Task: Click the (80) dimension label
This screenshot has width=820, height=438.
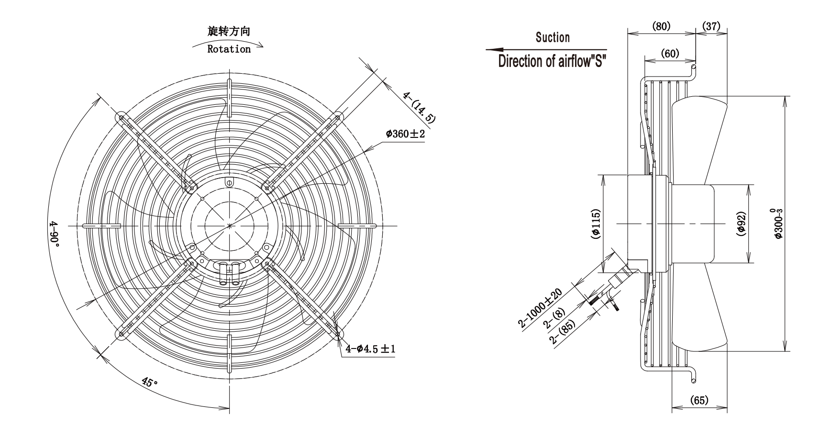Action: click(662, 26)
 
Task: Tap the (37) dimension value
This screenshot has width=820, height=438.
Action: click(711, 26)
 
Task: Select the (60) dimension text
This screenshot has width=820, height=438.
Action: click(670, 54)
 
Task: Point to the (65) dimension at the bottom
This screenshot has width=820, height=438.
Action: click(699, 400)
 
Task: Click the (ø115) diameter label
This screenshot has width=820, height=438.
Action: click(596, 224)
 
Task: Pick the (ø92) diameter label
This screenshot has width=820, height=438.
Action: click(741, 224)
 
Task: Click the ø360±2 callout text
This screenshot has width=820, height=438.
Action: click(405, 134)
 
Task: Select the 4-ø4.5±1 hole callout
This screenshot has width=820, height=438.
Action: click(370, 348)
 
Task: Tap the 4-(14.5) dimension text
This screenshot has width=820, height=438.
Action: click(419, 107)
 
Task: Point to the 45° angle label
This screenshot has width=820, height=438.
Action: click(150, 382)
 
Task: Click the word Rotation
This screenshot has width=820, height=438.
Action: click(229, 49)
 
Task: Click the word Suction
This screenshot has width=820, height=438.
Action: click(553, 37)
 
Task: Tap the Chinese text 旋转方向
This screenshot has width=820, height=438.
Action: click(229, 32)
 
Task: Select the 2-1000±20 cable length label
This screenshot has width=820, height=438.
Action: click(540, 308)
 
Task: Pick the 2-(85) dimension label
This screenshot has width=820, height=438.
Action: click(562, 332)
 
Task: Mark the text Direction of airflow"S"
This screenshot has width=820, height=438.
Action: click(552, 61)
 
